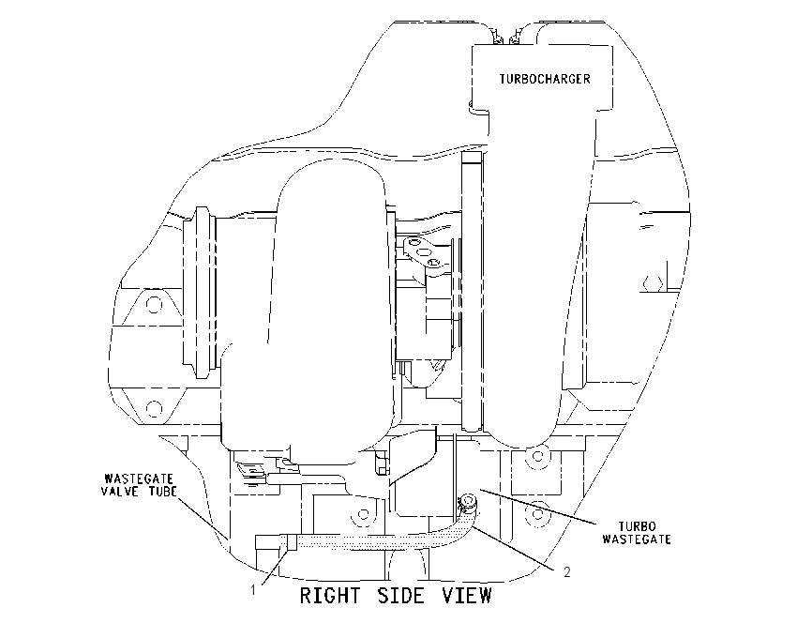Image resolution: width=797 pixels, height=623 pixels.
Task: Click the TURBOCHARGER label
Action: (x=545, y=79)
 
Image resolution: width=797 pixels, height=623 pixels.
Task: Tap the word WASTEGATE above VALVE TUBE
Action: (x=139, y=479)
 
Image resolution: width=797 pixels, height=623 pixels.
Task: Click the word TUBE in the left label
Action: (x=162, y=492)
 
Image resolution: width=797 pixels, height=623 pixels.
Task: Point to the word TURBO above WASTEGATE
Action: (x=637, y=525)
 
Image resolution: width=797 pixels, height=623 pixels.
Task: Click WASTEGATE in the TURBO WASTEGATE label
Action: (x=637, y=539)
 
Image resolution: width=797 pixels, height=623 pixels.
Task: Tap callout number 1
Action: (x=252, y=590)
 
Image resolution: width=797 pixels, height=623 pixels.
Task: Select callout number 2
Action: (x=566, y=572)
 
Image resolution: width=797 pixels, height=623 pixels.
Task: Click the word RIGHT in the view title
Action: (x=330, y=595)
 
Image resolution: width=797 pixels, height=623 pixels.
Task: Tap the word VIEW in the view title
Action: (x=467, y=595)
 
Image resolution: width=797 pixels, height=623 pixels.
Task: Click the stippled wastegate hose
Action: (x=386, y=541)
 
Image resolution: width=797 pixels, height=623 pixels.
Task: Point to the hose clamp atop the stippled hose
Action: (x=467, y=503)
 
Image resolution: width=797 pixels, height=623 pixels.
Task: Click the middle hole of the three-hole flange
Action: (x=421, y=252)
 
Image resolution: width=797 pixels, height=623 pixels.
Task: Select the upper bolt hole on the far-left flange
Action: (x=154, y=305)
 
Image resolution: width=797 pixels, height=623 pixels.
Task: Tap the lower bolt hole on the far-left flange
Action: (x=154, y=408)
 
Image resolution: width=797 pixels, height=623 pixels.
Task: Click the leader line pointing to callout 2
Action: (x=512, y=547)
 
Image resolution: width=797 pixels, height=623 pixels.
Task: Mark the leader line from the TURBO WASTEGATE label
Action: (x=538, y=506)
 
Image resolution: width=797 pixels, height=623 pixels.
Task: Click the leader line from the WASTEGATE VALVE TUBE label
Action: (x=202, y=518)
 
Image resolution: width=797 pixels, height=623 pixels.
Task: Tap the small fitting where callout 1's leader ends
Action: (x=292, y=542)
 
